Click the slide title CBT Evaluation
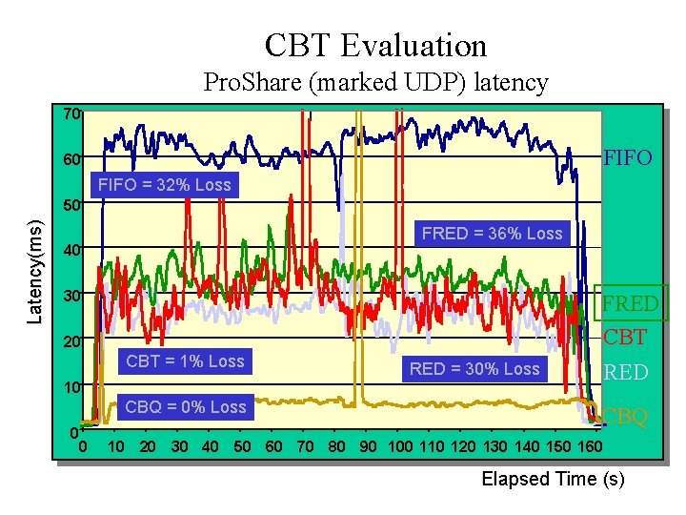click(x=375, y=45)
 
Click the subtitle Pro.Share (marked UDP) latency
click(x=376, y=83)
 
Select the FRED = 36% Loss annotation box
click(x=492, y=234)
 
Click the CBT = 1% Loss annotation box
click(x=185, y=361)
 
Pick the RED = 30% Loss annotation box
click(x=474, y=369)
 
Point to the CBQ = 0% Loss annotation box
click(x=185, y=407)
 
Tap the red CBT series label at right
click(x=625, y=337)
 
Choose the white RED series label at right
click(x=626, y=372)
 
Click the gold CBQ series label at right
click(x=626, y=416)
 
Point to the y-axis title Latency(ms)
click(x=35, y=271)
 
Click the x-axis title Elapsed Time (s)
click(x=553, y=480)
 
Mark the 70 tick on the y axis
click(x=71, y=114)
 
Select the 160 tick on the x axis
click(x=590, y=447)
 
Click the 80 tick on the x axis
click(x=337, y=447)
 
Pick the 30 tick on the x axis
click(x=179, y=447)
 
